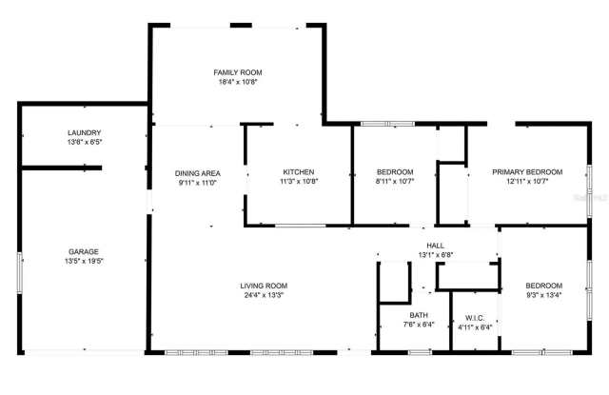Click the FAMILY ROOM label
click(x=237, y=72)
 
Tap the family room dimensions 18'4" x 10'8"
click(x=237, y=83)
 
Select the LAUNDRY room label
click(x=84, y=132)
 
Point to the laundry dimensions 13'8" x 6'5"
click(x=84, y=143)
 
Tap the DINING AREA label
click(x=198, y=172)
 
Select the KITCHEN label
click(x=298, y=172)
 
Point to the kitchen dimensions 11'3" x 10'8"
click(x=298, y=182)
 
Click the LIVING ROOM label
click(x=264, y=286)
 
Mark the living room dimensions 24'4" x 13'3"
click(x=264, y=295)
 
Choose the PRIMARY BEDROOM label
click(x=526, y=172)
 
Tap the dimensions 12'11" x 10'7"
click(x=526, y=182)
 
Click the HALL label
click(x=435, y=246)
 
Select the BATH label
click(x=419, y=315)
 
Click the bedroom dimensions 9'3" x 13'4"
click(x=544, y=295)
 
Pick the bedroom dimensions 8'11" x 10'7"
click(x=394, y=182)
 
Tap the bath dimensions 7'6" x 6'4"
click(x=419, y=325)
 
